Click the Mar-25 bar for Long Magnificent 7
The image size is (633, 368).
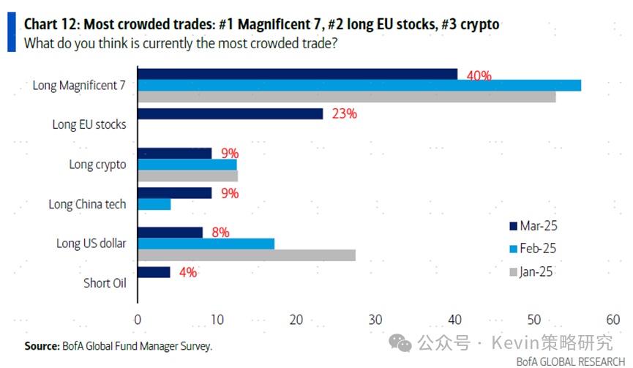[x=297, y=74]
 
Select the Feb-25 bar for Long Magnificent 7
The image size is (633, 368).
[x=359, y=85]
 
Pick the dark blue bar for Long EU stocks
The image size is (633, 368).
[x=230, y=113]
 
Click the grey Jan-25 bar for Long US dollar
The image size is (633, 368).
[x=246, y=255]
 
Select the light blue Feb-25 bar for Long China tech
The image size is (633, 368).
[x=154, y=204]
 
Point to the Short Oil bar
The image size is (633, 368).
[x=154, y=272]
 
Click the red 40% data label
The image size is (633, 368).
[x=479, y=75]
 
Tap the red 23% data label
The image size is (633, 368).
[x=344, y=114]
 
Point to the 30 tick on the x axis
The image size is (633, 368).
[x=375, y=320]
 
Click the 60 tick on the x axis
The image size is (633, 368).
[x=613, y=320]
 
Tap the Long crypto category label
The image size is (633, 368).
[x=97, y=165]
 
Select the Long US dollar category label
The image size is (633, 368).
[x=91, y=244]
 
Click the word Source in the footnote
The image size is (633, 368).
[x=41, y=346]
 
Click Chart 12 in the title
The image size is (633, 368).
[x=52, y=24]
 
